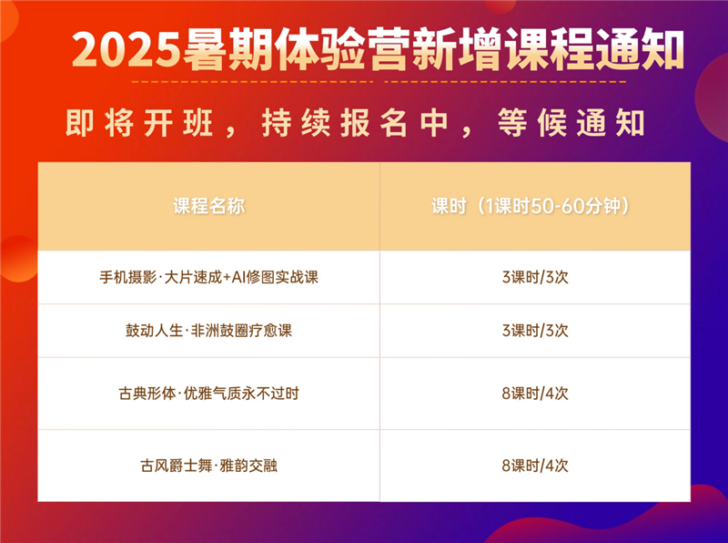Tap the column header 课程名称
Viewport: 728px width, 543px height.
pyautogui.click(x=208, y=206)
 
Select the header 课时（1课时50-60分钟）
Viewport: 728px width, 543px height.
pyautogui.click(x=534, y=206)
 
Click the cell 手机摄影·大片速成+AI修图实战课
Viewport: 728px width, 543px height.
pyautogui.click(x=208, y=277)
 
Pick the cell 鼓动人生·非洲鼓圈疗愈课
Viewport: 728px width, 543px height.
pyautogui.click(x=208, y=331)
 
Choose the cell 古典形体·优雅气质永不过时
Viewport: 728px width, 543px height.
pyautogui.click(x=208, y=394)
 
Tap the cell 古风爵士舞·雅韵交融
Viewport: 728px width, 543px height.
pyautogui.click(x=208, y=466)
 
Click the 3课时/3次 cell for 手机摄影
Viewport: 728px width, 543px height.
pyautogui.click(x=534, y=277)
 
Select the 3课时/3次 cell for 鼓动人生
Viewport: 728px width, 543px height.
pyautogui.click(x=534, y=331)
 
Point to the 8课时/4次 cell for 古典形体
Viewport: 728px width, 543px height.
pyautogui.click(x=534, y=394)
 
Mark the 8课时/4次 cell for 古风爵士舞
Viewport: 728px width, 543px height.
pyautogui.click(x=534, y=466)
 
